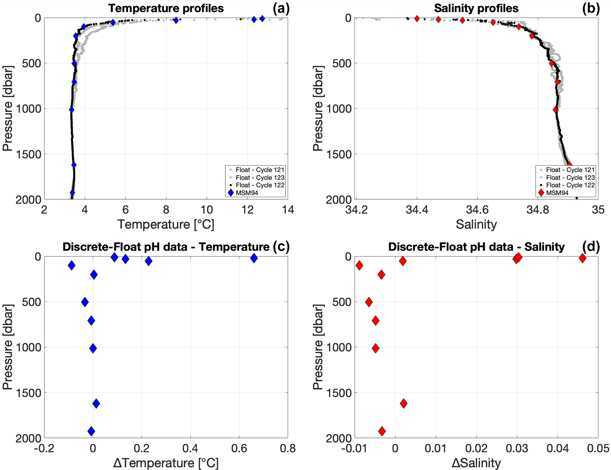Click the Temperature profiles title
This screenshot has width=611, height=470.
click(166, 8)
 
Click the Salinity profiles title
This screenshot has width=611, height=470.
click(476, 8)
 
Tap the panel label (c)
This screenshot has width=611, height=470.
click(281, 247)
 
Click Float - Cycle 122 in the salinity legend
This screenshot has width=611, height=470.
click(570, 185)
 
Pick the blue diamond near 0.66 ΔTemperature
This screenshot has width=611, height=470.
click(254, 258)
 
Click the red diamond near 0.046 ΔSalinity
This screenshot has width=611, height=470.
click(582, 258)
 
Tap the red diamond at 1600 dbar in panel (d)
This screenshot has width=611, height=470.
click(403, 404)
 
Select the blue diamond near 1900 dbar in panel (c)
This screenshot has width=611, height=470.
click(91, 431)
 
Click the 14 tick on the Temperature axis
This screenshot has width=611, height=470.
click(288, 210)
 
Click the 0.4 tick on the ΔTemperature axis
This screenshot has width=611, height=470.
click(190, 448)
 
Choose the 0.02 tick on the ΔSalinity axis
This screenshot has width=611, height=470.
click(476, 448)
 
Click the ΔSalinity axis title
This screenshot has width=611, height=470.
click(476, 463)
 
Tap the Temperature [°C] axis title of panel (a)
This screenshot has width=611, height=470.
click(166, 224)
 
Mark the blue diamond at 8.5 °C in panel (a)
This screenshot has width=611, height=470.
click(176, 20)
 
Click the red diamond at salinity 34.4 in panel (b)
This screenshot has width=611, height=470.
click(417, 19)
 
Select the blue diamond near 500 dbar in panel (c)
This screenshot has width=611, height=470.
click(85, 302)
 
